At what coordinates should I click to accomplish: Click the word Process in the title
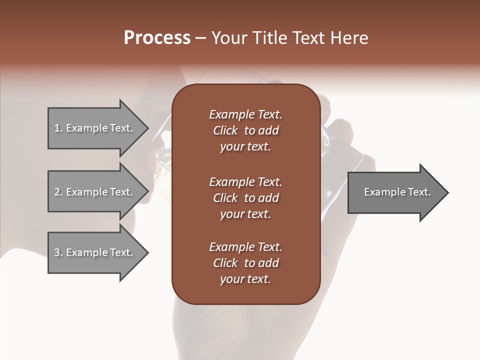[157, 38]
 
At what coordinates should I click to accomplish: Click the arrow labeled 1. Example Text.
[95, 128]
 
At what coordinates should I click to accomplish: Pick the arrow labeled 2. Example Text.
[95, 192]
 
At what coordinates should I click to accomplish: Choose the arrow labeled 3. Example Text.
[95, 252]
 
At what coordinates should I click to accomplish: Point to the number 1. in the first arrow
[58, 128]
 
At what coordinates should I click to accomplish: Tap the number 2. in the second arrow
[58, 192]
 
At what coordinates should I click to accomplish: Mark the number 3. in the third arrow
[58, 252]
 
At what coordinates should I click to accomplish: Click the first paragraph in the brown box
[245, 130]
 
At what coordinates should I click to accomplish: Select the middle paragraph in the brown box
[245, 198]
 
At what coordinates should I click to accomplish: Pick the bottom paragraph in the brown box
[245, 263]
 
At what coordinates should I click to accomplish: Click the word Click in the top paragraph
[225, 130]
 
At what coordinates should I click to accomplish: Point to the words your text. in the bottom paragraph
[245, 279]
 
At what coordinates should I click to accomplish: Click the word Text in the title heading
[305, 38]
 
